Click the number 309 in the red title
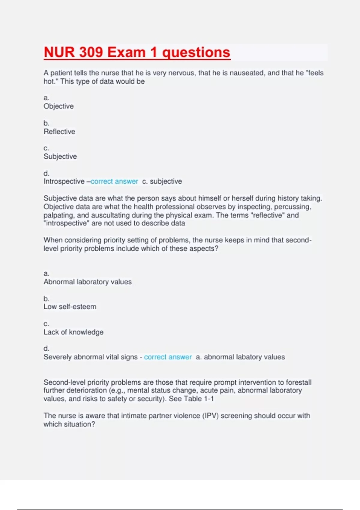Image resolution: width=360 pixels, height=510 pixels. click(91, 52)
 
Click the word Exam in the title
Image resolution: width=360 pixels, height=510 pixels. click(126, 52)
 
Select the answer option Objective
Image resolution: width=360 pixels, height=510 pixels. click(58, 106)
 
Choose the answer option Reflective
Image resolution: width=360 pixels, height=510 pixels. click(59, 131)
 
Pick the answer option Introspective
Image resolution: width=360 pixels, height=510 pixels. click(64, 181)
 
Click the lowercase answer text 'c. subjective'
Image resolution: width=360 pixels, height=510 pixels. click(162, 181)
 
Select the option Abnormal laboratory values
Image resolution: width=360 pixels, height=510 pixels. click(88, 282)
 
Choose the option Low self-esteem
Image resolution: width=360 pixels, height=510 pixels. click(70, 307)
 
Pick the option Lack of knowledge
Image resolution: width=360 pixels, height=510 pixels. click(73, 332)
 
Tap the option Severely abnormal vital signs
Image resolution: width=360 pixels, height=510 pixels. click(90, 357)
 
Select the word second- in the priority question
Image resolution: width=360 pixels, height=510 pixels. click(298, 240)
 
